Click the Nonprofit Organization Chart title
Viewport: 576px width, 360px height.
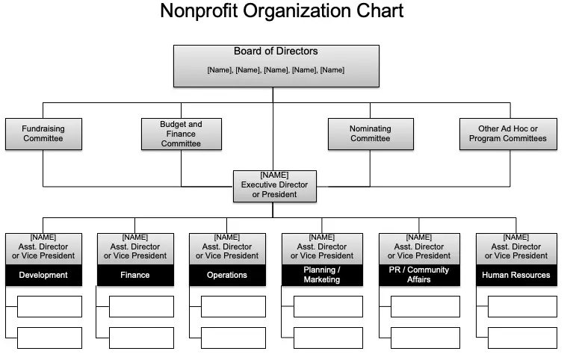282,10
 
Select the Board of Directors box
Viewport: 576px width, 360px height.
276,66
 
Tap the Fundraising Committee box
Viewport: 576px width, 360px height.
44,134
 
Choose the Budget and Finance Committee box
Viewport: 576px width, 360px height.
182,134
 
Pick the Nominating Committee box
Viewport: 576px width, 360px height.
371,134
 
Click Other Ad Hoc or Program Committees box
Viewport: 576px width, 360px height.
508,134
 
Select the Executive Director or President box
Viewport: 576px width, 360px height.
275,186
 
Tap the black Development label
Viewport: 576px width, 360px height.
44,275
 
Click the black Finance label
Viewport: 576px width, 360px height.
135,275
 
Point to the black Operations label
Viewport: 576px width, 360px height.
227,275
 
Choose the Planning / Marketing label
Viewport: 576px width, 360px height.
322,275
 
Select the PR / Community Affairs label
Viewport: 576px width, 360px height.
419,275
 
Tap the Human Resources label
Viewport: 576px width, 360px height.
516,275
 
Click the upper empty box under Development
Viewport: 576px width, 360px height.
49,306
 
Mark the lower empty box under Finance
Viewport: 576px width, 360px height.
141,338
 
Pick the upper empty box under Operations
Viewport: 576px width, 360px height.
233,306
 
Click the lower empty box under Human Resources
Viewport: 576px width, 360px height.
522,338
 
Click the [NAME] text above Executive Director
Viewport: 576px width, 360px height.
274,175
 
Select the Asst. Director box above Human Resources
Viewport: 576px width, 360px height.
516,249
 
